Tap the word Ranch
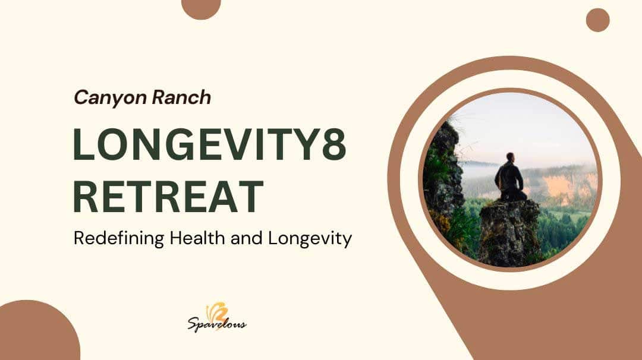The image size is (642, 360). coord(181,97)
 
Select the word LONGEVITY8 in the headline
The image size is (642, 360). coord(210,144)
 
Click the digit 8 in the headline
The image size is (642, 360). coord(334,144)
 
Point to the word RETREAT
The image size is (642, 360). coord(168,197)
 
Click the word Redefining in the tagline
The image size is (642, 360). coord(119,238)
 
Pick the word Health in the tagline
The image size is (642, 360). coord(198,238)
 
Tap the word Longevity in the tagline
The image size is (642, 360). coord(310,238)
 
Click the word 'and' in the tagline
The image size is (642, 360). coord(247,238)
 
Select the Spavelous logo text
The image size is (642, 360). coord(217,324)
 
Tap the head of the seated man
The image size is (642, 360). coord(510,157)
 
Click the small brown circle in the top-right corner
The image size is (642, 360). coord(598,20)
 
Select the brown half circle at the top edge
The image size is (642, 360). coord(201,7)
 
